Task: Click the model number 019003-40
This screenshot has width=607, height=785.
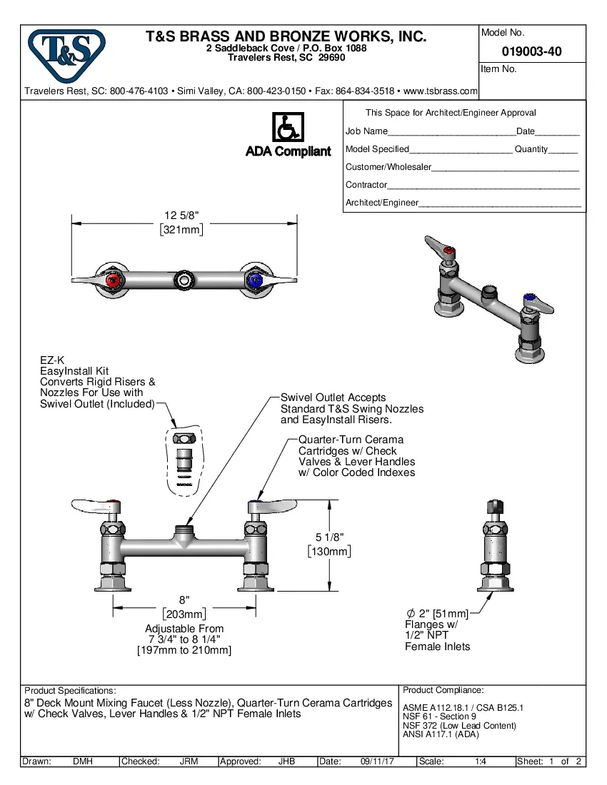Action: (531, 51)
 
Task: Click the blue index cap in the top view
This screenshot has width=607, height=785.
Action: (253, 282)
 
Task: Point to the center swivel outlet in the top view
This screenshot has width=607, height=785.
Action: (185, 280)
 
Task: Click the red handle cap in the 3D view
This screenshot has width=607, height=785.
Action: (448, 251)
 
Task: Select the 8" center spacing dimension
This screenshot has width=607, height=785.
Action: (184, 600)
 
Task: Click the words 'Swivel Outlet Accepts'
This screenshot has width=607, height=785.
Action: (333, 397)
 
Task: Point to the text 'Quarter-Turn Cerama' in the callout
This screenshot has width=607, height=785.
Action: (351, 440)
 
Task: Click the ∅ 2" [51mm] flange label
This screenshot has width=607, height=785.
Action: (437, 614)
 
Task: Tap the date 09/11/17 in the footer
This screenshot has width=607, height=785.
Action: (378, 761)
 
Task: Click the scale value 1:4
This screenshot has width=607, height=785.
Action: (481, 761)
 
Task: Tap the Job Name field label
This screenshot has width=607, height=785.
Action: (366, 131)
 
